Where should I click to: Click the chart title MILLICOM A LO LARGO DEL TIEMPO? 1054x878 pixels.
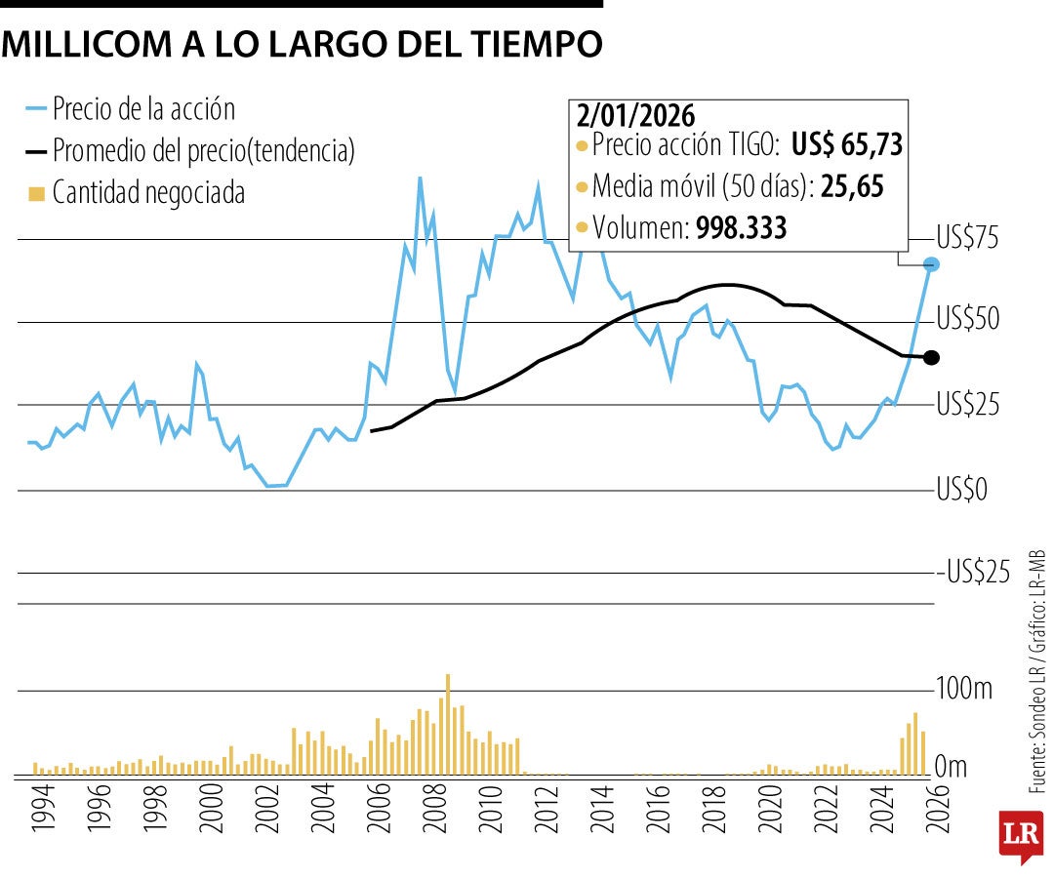tap(303, 43)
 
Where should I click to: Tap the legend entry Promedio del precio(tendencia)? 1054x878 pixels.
tap(203, 150)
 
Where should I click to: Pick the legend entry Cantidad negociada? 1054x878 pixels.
tap(148, 193)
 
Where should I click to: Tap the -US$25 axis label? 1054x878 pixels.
tap(976, 572)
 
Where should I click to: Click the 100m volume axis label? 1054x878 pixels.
tap(965, 690)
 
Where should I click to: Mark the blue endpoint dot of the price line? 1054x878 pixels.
tap(932, 264)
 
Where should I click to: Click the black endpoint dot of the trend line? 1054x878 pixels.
tap(931, 358)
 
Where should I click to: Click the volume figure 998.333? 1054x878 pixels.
tap(741, 227)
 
